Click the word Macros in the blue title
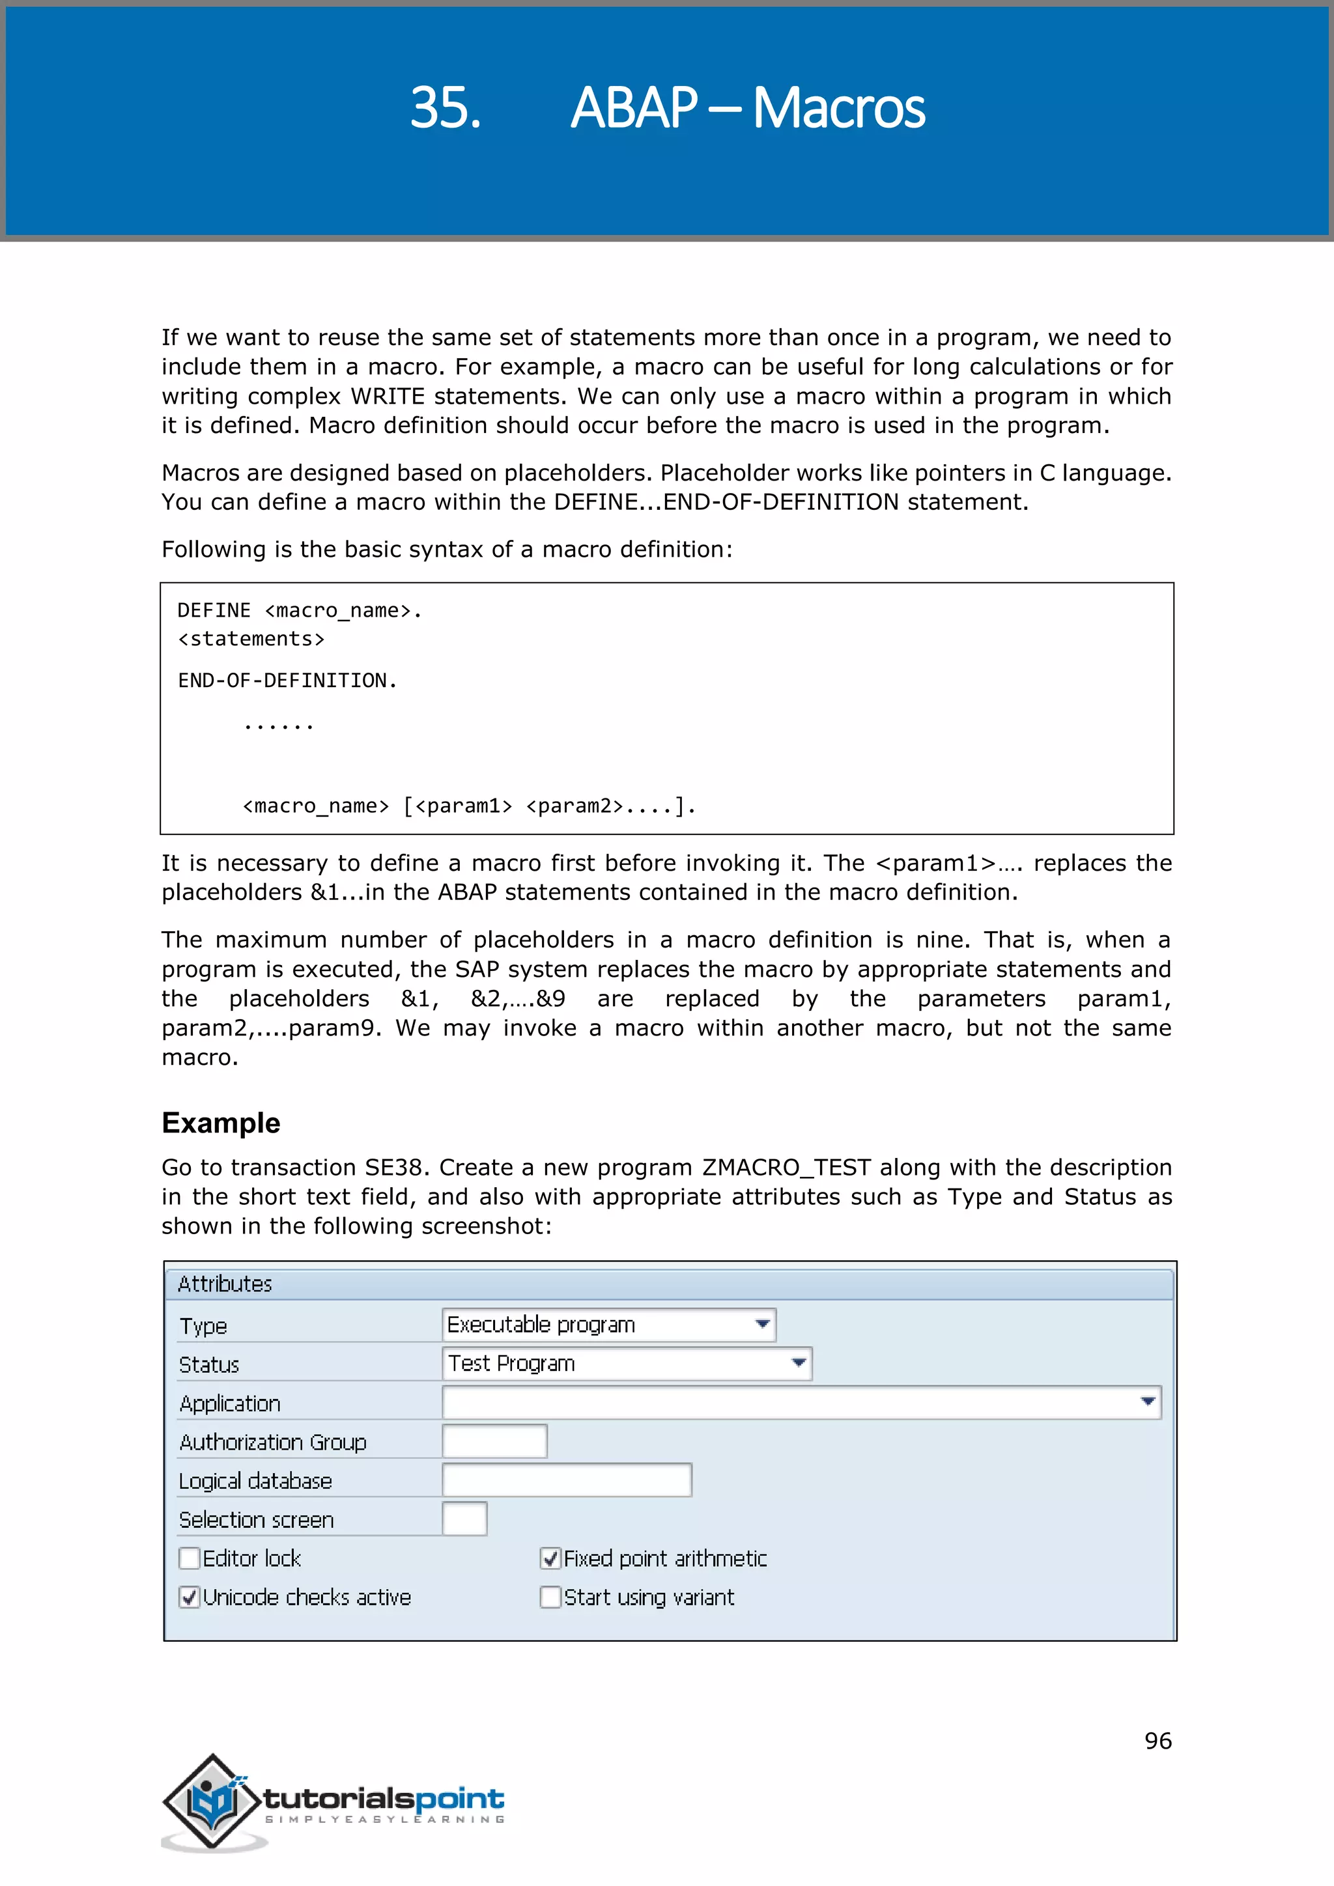839,107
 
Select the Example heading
221,1122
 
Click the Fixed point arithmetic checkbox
550,1558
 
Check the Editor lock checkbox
190,1558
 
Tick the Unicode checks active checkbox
190,1597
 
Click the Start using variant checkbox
550,1597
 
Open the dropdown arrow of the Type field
762,1324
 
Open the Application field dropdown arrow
1148,1401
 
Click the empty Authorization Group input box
494,1441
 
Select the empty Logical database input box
567,1480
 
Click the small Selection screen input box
465,1518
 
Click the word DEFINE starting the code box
214,610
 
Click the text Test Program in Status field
511,1364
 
